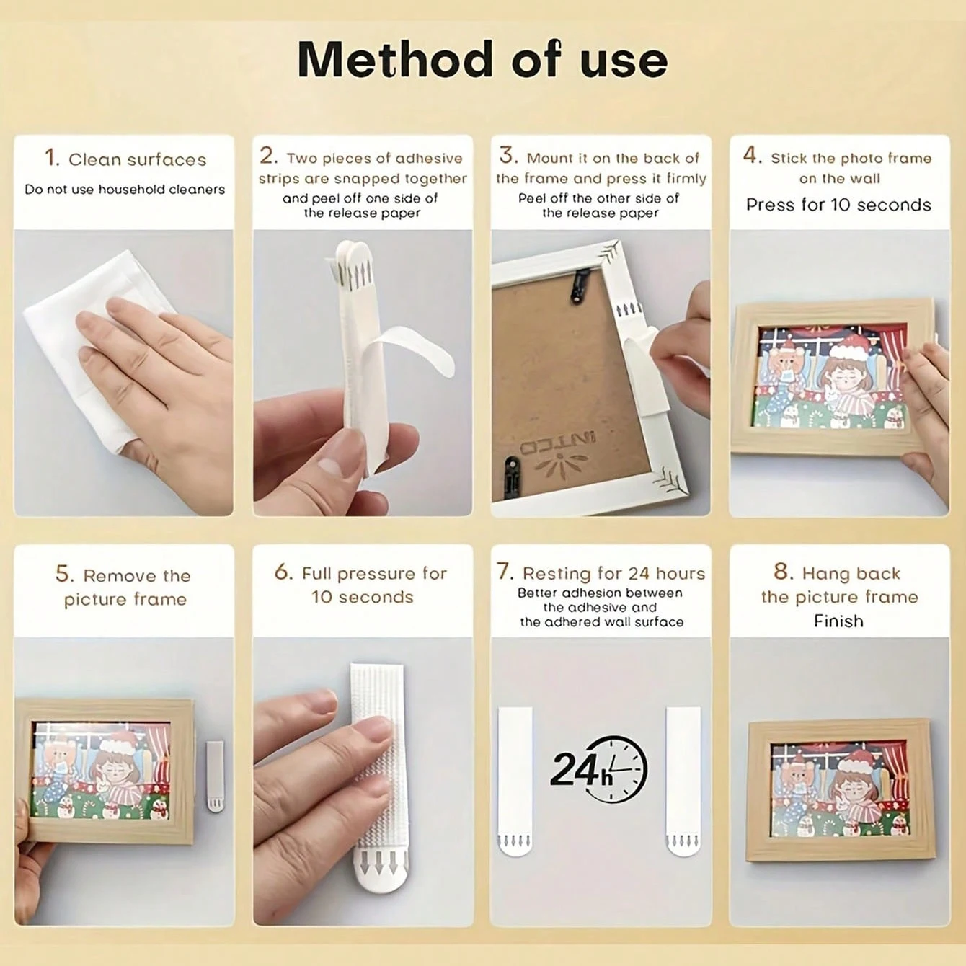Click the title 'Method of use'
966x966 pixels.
coord(482,59)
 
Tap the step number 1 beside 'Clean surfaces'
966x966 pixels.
coord(51,157)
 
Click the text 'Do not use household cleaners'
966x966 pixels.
coord(125,190)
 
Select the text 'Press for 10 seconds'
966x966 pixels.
coord(838,205)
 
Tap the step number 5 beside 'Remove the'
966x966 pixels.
coord(64,574)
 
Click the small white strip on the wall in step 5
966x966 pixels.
coord(215,776)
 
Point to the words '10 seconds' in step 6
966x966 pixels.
coord(362,597)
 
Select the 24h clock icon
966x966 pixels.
coord(598,768)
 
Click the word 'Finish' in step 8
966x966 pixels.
coord(838,621)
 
